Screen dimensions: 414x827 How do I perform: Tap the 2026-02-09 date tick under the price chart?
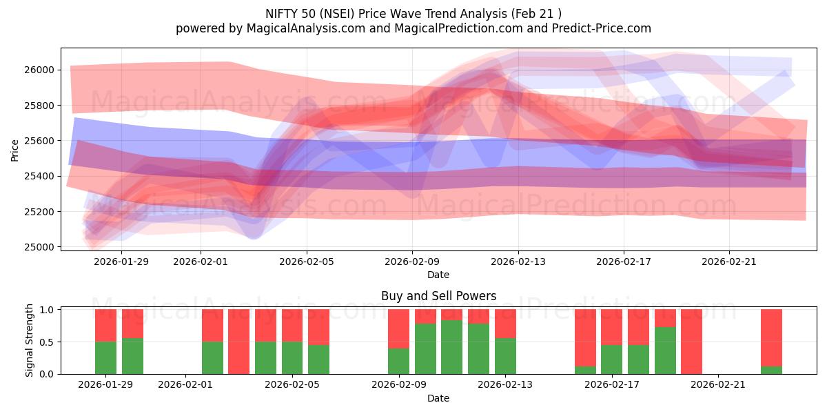click(412, 262)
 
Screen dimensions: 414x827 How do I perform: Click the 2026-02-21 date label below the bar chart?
click(718, 384)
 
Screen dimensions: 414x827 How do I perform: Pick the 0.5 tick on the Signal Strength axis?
click(47, 342)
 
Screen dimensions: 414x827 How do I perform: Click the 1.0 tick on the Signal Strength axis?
click(47, 310)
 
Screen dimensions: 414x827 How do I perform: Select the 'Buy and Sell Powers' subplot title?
click(438, 296)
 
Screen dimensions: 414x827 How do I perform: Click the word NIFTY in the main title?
click(280, 13)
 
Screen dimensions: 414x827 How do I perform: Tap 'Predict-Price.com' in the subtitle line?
click(604, 28)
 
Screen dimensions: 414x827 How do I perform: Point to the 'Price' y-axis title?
click(16, 150)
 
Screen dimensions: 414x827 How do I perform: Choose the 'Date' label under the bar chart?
click(438, 398)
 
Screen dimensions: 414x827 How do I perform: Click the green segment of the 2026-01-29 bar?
click(105, 357)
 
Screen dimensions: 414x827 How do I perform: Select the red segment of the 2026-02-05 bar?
click(292, 326)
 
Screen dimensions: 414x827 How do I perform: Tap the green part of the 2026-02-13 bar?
click(505, 356)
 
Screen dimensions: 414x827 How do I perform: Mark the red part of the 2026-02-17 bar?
click(612, 327)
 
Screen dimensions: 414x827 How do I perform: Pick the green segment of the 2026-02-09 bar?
click(399, 361)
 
